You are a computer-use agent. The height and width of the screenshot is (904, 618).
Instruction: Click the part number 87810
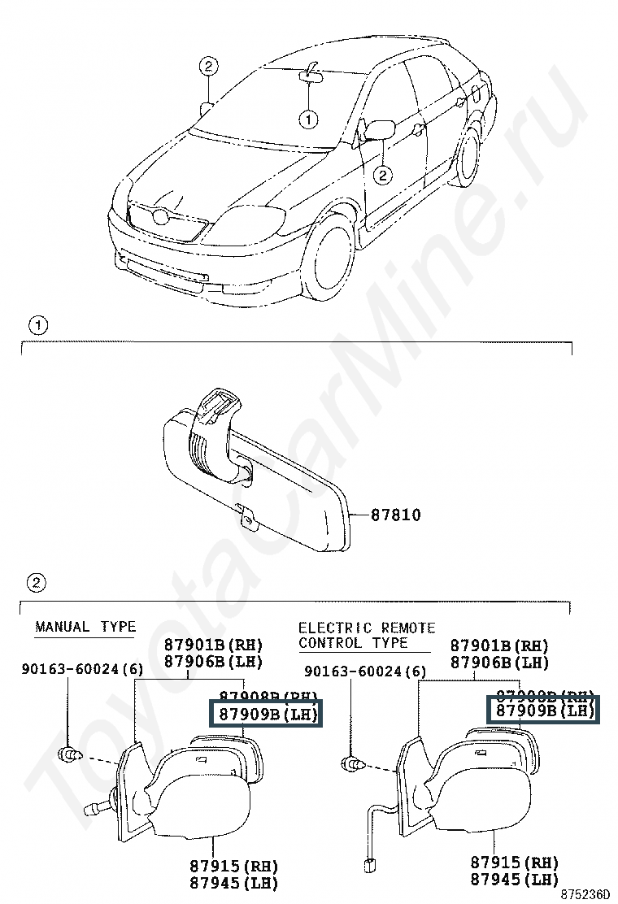click(396, 515)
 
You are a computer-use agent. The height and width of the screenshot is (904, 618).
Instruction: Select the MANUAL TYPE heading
click(85, 627)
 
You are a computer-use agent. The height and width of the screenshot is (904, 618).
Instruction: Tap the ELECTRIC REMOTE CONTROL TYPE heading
click(366, 635)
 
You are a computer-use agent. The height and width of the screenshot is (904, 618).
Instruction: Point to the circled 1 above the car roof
click(308, 120)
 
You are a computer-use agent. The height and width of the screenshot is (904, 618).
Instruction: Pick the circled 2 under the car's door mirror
click(382, 173)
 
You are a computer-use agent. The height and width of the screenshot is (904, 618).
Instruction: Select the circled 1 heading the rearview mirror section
click(38, 326)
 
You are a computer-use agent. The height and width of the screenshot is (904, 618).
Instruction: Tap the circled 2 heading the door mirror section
click(37, 582)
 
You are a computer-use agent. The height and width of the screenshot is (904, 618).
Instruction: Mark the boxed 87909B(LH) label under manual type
click(266, 715)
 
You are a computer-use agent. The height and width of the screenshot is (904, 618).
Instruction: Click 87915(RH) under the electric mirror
click(515, 863)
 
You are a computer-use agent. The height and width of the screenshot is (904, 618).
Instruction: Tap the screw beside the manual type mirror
click(72, 756)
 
